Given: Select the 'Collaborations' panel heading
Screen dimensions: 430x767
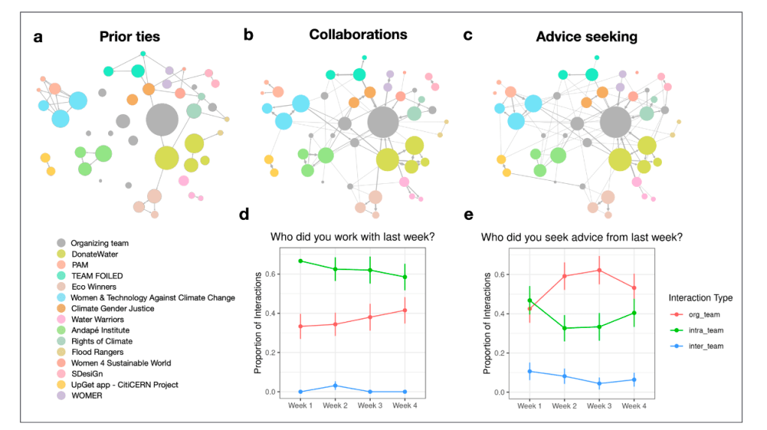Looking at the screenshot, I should pyautogui.click(x=358, y=35).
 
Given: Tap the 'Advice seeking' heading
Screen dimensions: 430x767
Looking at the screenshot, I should pyautogui.click(x=582, y=35).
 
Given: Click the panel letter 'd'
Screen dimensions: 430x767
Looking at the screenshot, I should pyautogui.click(x=244, y=215).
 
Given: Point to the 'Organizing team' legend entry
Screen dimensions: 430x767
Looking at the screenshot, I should pyautogui.click(x=100, y=242).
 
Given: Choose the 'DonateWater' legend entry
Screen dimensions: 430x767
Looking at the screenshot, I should pyautogui.click(x=95, y=254).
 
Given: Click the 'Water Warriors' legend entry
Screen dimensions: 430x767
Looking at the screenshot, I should pyautogui.click(x=99, y=319).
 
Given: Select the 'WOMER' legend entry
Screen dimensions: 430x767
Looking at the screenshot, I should pyautogui.click(x=88, y=395).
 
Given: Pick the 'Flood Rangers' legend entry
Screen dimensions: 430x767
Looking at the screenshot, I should pyautogui.click(x=98, y=352).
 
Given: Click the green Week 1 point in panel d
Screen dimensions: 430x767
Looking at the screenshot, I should pyautogui.click(x=301, y=261).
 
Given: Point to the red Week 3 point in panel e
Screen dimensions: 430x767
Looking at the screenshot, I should pyautogui.click(x=600, y=270).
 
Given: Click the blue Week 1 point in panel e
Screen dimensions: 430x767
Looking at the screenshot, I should pyautogui.click(x=530, y=371).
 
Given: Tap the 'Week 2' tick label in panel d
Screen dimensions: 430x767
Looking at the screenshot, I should pyautogui.click(x=335, y=406).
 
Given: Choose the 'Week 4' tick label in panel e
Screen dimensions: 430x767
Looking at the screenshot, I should pyautogui.click(x=634, y=406).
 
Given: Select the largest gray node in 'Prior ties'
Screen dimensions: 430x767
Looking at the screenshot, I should pyautogui.click(x=161, y=120).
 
